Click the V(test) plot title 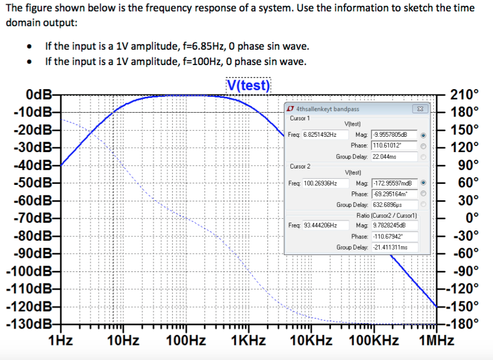[x=248, y=85]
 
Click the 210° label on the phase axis [x=464, y=95]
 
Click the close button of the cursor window [x=420, y=109]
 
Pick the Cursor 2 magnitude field [x=393, y=183]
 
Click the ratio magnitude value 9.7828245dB [x=393, y=225]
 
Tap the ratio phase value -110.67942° [x=393, y=236]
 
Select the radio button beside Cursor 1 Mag [x=422, y=135]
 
